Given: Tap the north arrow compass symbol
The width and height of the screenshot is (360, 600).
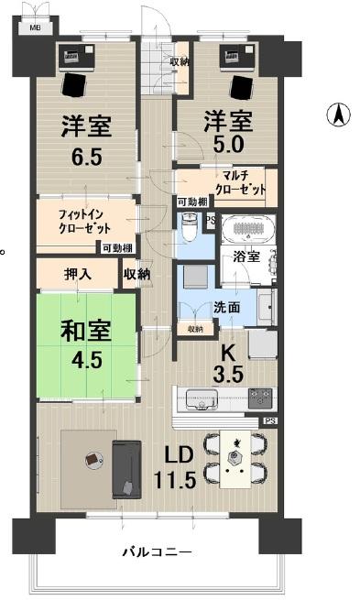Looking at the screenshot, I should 338,116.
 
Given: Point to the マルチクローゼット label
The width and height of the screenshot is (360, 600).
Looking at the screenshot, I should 241,181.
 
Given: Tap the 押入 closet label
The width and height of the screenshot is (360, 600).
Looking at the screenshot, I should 77,273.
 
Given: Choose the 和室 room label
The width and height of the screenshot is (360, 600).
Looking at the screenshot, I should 81,332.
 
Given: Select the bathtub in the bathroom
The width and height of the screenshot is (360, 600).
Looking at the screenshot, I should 248,226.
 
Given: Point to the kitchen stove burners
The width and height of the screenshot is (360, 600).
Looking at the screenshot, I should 260,398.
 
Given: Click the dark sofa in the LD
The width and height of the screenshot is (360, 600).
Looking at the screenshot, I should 126,468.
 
